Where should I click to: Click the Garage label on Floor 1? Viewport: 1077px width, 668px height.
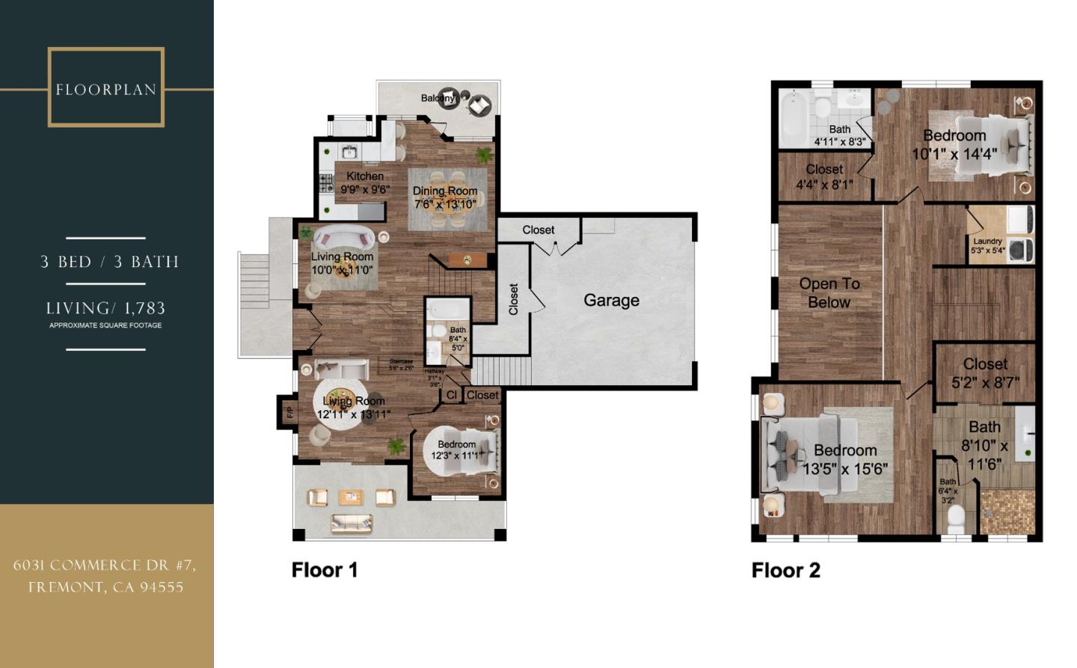click(611, 300)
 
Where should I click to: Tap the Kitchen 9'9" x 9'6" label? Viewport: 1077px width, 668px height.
click(365, 183)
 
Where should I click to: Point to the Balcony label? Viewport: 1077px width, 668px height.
click(438, 98)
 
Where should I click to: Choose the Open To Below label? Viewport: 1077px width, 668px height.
click(829, 292)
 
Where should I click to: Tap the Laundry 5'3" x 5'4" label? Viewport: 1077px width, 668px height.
click(987, 245)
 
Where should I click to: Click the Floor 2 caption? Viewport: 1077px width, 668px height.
click(785, 570)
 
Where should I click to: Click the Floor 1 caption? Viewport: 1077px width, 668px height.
click(325, 569)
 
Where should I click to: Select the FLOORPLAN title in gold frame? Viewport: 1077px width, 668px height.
click(105, 90)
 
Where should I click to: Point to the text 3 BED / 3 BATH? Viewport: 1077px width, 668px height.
click(109, 262)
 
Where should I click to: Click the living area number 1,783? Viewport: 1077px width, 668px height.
click(146, 307)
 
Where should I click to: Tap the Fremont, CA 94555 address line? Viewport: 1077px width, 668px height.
click(105, 587)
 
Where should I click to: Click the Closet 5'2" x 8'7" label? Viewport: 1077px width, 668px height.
click(985, 373)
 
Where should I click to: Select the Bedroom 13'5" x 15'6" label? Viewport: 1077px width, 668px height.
click(845, 459)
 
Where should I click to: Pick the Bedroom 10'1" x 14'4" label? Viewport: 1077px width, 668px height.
click(954, 144)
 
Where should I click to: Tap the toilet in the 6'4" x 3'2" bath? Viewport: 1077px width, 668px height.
click(956, 517)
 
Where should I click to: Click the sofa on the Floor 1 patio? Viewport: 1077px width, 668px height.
click(351, 523)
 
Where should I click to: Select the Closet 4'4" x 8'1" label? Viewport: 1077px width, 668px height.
click(824, 177)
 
